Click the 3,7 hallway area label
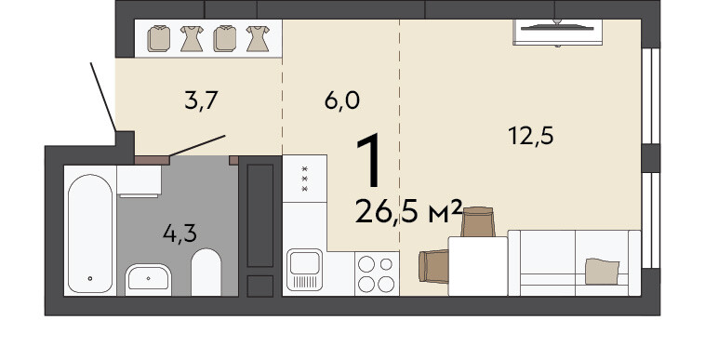coord(201,100)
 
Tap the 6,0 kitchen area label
coord(341,100)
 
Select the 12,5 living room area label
coord(530,135)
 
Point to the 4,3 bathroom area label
coord(180,233)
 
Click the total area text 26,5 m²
coord(408,212)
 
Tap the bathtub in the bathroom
coord(90,233)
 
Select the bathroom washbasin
coord(148,279)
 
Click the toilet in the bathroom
coord(206,273)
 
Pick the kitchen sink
coord(304,269)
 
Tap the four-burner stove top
coord(377,273)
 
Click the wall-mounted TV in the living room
coord(557,32)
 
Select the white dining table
coord(477,266)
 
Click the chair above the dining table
coord(477,221)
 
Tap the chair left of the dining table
coord(433,266)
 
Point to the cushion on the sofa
coord(602,271)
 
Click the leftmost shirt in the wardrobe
coord(159,38)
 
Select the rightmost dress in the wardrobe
coord(258,38)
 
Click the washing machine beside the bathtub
coord(139,181)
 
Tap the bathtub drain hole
coord(90,279)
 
